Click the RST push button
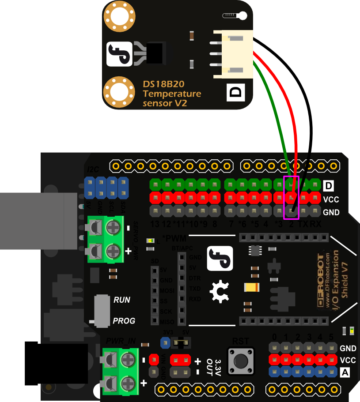click(x=241, y=360)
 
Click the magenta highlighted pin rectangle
click(x=292, y=197)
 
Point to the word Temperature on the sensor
click(x=172, y=94)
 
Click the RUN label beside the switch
click(x=122, y=300)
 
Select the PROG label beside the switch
click(x=124, y=321)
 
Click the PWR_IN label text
click(x=120, y=341)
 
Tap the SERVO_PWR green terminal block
click(x=105, y=240)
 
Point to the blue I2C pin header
click(x=106, y=188)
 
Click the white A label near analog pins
click(x=346, y=372)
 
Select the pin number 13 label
click(x=155, y=224)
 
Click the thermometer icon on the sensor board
click(x=235, y=15)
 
